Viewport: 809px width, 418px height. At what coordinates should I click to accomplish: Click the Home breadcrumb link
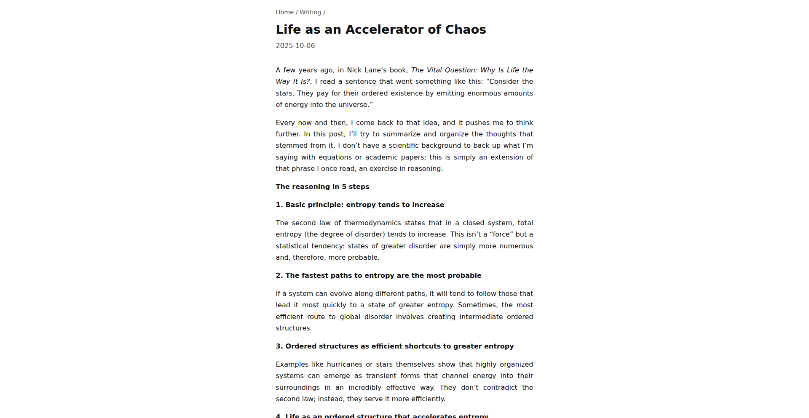click(284, 12)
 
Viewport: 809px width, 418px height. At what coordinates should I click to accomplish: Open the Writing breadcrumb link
click(310, 12)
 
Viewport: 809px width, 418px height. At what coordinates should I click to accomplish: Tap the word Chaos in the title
click(466, 29)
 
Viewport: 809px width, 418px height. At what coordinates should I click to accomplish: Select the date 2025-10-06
click(295, 45)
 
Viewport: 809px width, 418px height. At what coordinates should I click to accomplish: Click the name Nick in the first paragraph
click(354, 70)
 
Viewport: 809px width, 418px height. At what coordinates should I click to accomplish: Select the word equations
click(335, 157)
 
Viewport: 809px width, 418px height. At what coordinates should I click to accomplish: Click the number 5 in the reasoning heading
click(344, 186)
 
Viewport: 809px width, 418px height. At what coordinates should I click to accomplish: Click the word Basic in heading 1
click(295, 205)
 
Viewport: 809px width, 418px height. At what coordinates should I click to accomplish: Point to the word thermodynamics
click(372, 223)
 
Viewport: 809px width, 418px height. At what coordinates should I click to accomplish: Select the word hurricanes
click(344, 364)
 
